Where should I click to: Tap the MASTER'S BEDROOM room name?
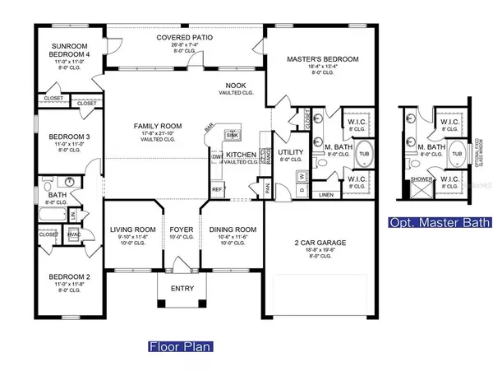(x=322, y=60)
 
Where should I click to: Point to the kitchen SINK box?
(x=231, y=135)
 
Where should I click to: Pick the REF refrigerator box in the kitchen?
(x=218, y=189)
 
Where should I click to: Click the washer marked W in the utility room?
(x=302, y=175)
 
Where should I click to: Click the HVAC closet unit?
(x=71, y=235)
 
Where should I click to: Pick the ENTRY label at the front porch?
(x=182, y=289)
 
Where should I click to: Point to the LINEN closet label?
(x=326, y=196)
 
